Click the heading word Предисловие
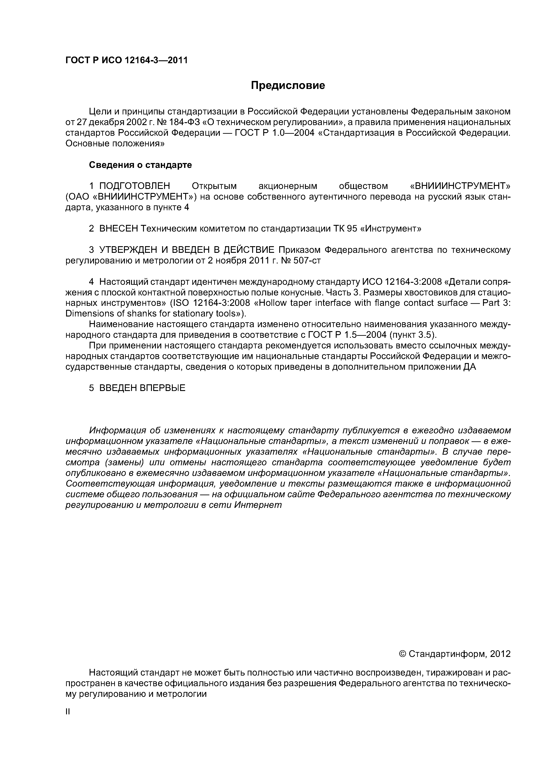(288, 85)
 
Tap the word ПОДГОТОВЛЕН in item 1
(135, 186)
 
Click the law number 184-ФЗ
(184, 122)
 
